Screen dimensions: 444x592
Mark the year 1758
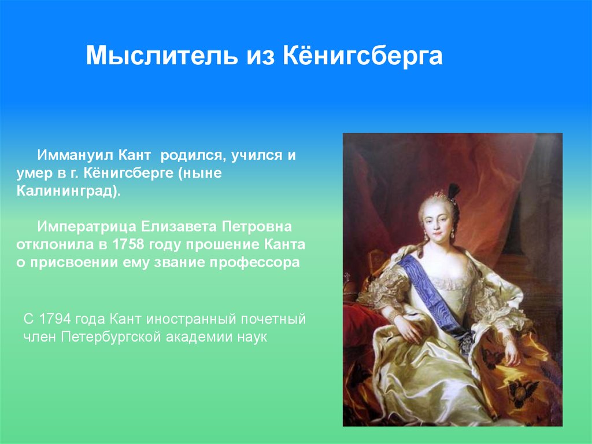click(129, 244)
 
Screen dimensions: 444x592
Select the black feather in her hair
click(454, 191)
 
